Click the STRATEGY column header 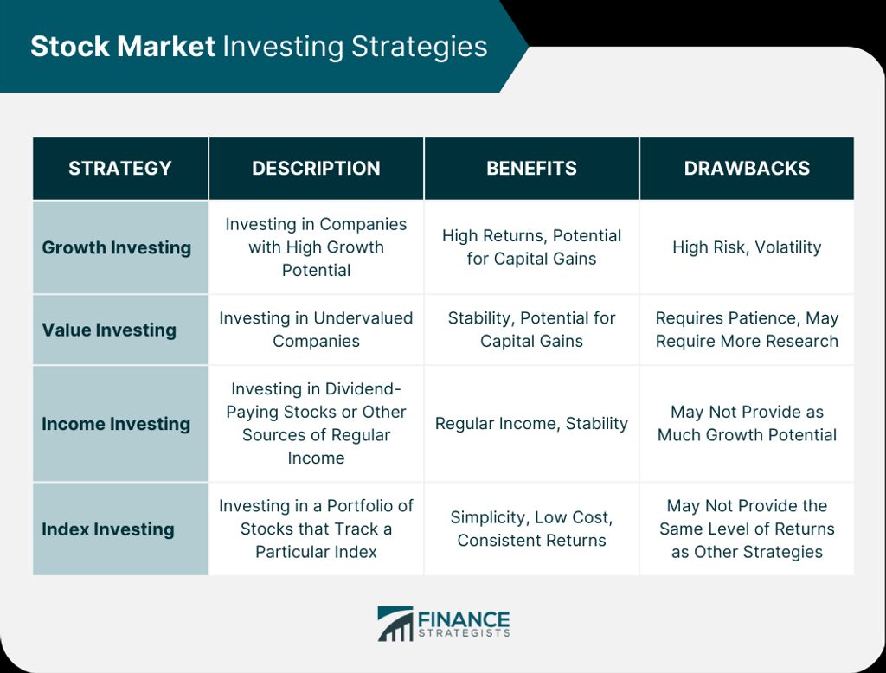tap(119, 169)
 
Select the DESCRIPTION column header tap(316, 169)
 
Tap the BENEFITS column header tap(532, 169)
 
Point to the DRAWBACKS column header tap(747, 169)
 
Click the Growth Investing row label tap(117, 247)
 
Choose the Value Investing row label tap(109, 330)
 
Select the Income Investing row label tap(116, 424)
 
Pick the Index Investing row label tap(108, 529)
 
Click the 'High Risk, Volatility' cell tap(747, 247)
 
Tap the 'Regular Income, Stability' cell tap(532, 424)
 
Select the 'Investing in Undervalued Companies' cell tap(316, 330)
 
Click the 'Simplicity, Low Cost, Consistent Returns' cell tap(532, 529)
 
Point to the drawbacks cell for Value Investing tap(747, 330)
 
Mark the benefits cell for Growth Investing tap(532, 247)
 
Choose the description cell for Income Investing tap(316, 423)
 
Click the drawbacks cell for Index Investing tap(747, 529)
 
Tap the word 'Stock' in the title tap(69, 47)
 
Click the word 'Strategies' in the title tap(420, 48)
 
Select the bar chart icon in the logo tap(395, 624)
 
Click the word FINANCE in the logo tap(464, 619)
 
